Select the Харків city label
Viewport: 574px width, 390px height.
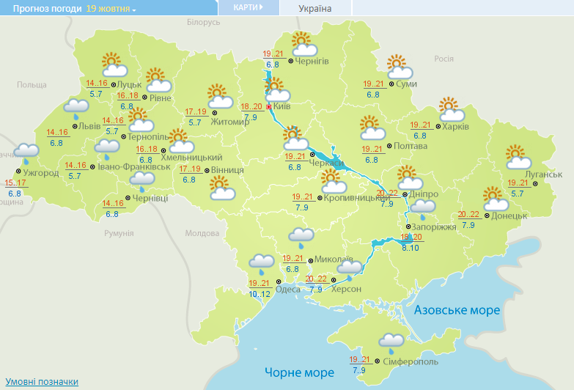pos(455,126)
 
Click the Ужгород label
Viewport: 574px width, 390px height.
pos(41,173)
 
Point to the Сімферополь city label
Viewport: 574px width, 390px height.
pos(411,362)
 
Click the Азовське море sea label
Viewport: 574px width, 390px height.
pos(457,310)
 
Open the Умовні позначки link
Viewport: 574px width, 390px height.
pos(42,382)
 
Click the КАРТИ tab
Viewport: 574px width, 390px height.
pos(248,7)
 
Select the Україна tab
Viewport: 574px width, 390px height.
pos(315,9)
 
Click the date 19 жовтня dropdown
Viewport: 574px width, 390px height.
pos(111,9)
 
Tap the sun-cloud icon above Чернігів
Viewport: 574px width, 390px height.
pos(302,44)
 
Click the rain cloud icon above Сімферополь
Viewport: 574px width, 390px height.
pos(391,342)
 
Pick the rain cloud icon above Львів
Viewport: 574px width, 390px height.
pos(76,108)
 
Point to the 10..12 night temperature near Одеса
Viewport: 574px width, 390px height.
pos(260,294)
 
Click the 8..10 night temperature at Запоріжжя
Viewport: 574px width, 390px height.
pos(411,248)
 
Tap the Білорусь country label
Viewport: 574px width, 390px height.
pos(203,23)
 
